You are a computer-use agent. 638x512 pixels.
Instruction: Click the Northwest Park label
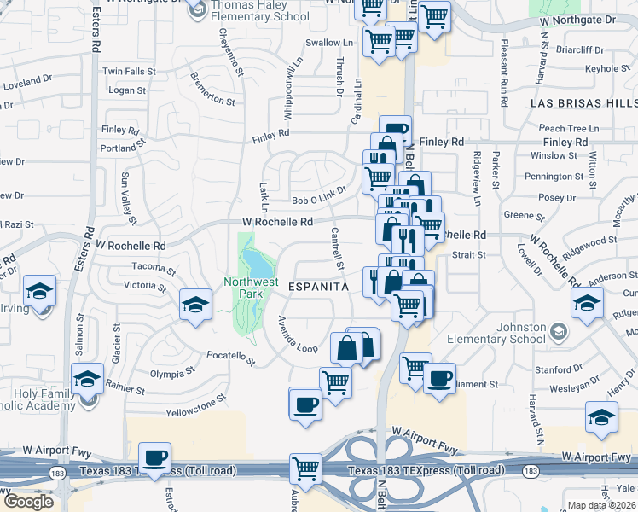click(246, 288)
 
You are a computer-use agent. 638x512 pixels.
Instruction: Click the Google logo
click(28, 501)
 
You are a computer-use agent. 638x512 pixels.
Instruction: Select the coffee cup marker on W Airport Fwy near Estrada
click(155, 459)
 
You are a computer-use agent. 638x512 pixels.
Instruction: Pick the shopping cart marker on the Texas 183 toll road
click(305, 468)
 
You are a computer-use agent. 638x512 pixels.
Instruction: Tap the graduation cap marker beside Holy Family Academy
click(87, 379)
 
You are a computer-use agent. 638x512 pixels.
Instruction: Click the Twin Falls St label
click(128, 72)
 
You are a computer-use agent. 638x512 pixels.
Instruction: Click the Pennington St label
click(560, 177)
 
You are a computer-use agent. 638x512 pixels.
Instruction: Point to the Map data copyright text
click(602, 505)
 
